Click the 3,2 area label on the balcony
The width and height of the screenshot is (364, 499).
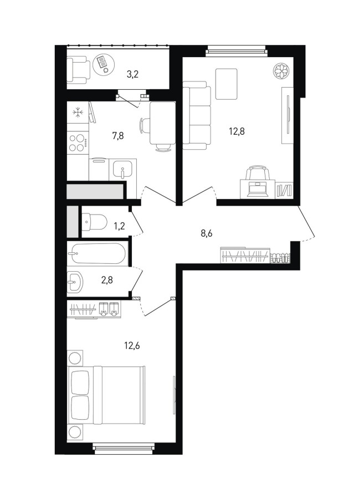pos(132,75)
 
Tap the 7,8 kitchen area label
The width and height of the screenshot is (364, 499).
pos(117,136)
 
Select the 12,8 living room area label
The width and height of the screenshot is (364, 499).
pos(237,131)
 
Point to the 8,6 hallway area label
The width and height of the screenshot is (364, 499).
pos(206,233)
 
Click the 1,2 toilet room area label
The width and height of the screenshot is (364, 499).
pos(120,226)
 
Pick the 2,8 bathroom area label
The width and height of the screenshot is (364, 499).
pos(107,281)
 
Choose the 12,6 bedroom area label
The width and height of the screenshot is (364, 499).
pos(132,345)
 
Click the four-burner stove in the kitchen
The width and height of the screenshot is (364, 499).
pos(78,143)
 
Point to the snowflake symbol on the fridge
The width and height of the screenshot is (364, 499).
pos(78,113)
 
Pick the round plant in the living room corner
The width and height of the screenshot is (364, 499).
pos(281,70)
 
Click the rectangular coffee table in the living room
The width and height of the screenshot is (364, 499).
pos(227,84)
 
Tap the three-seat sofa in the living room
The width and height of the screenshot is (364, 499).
pos(197,116)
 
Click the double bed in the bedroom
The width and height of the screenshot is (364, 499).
pos(106,395)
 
